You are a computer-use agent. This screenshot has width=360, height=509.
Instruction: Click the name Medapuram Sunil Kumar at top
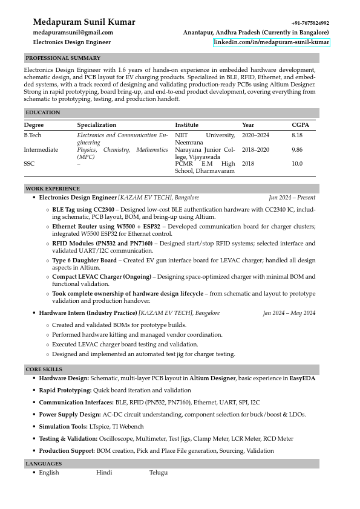[x=84, y=22]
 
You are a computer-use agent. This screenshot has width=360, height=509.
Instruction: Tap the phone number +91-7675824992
[x=310, y=23]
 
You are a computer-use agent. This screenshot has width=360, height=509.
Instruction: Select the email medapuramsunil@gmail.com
[x=73, y=33]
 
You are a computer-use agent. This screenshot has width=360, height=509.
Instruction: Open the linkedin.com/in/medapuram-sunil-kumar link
[x=271, y=42]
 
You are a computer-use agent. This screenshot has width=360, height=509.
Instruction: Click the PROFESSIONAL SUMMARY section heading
[x=63, y=58]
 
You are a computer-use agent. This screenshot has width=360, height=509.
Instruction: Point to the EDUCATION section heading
[x=43, y=112]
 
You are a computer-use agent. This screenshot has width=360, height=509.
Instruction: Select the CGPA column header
[x=300, y=125]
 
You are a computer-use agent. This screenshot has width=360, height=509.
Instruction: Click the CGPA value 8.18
[x=297, y=135]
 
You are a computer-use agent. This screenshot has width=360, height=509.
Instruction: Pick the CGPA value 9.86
[x=297, y=150]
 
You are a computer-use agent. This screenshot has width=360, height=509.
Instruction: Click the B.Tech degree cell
[x=33, y=135]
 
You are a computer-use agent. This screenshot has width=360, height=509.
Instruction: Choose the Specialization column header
[x=96, y=125]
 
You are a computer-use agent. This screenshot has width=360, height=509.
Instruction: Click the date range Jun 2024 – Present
[x=292, y=198]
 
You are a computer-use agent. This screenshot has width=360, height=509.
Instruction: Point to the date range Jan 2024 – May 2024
[x=289, y=313]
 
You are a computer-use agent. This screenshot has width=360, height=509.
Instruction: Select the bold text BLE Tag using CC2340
[x=83, y=209]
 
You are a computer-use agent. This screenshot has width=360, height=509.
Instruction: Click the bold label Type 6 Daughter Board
[x=84, y=261]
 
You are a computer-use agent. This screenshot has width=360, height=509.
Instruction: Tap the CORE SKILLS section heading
[x=44, y=369]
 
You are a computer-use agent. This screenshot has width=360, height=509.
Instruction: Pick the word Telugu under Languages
[x=159, y=473]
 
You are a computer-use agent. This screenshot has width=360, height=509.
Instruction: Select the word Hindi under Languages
[x=104, y=473]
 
